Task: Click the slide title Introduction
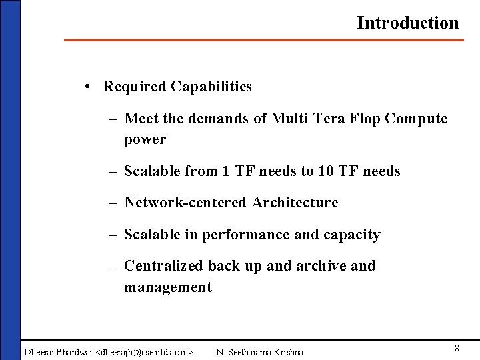(x=407, y=23)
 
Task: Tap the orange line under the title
(x=263, y=41)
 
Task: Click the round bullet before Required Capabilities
(x=89, y=87)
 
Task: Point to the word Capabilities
(x=211, y=87)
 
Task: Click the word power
(x=145, y=140)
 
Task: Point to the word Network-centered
(x=186, y=203)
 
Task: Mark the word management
(x=167, y=287)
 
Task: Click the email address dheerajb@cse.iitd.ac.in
(x=145, y=352)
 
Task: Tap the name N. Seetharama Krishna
(x=259, y=352)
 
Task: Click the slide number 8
(x=457, y=349)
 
